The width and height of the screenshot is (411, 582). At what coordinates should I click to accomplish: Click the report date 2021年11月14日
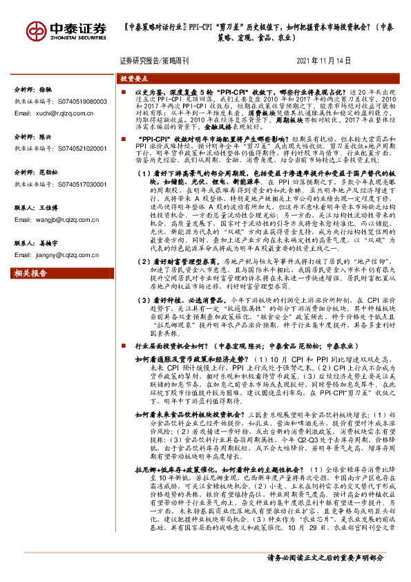pos(323,61)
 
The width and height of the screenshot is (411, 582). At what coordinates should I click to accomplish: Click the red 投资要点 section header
pos(130,80)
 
